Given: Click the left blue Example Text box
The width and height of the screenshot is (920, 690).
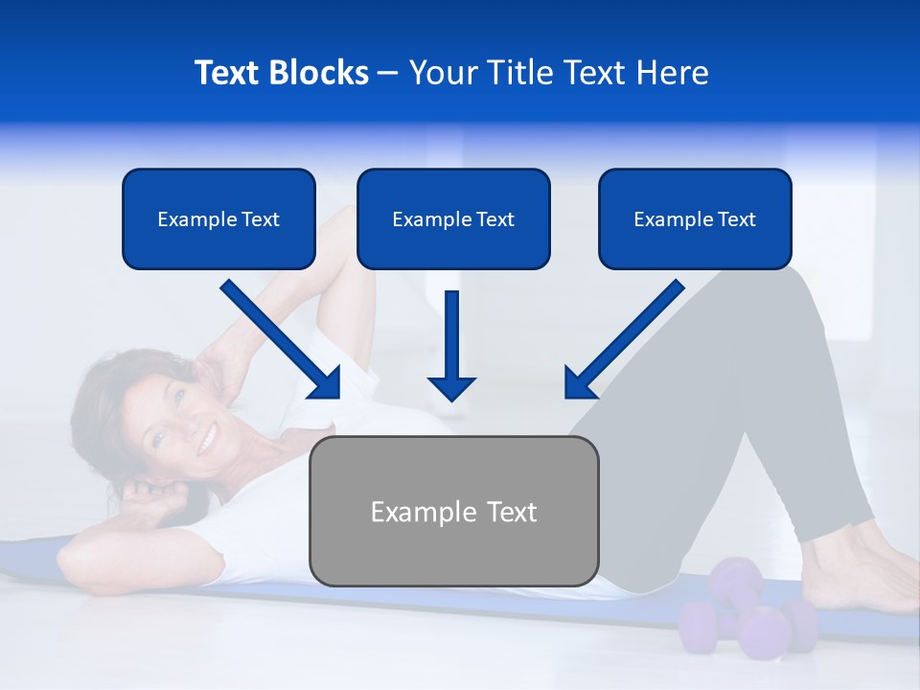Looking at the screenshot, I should [218, 218].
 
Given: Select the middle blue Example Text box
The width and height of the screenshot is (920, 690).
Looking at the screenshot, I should [453, 218].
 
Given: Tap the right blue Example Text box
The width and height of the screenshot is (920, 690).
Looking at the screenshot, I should [695, 218].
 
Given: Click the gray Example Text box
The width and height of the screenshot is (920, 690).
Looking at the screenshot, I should [453, 511].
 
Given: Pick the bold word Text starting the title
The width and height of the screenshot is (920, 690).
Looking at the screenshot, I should [229, 73].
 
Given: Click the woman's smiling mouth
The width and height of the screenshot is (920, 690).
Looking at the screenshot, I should [206, 441].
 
